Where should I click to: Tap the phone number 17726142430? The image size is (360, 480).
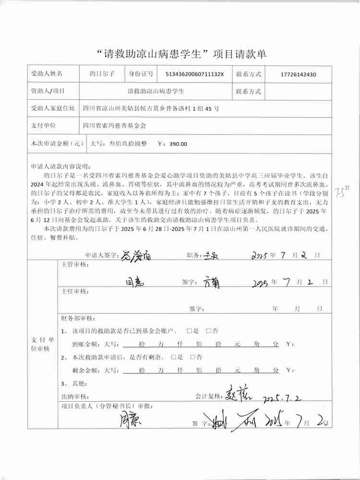point(298,74)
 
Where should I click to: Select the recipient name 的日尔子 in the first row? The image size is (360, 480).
point(103,74)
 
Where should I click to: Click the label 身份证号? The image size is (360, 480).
point(141,74)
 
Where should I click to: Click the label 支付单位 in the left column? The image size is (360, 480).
point(44,126)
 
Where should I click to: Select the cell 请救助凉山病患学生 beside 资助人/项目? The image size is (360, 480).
point(156,91)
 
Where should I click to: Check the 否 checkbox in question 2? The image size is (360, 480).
point(192,357)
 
